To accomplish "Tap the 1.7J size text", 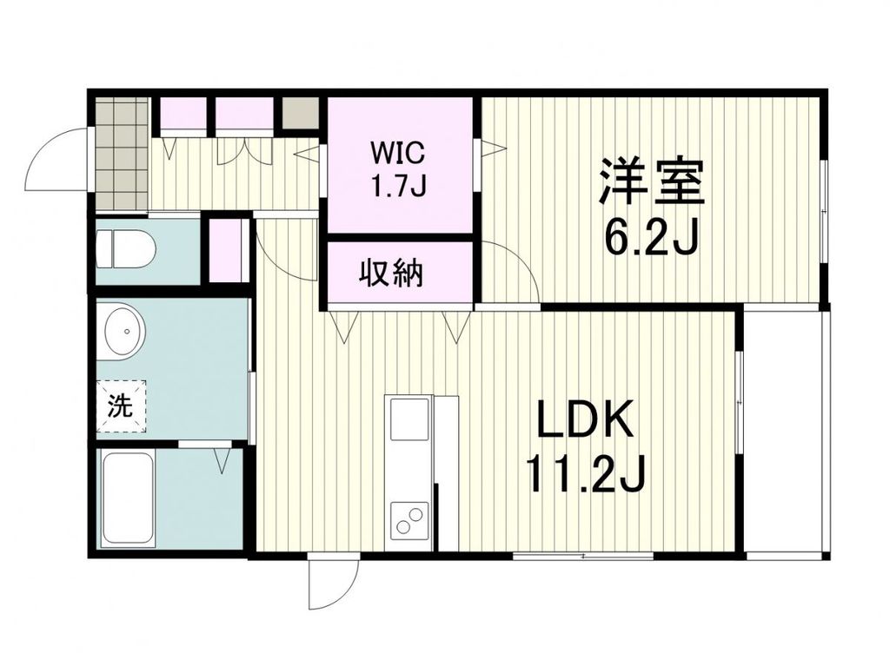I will pos(398,186).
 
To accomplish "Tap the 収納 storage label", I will pos(391,274).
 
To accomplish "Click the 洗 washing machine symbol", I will pos(120,406).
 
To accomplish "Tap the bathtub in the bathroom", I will pos(128,499).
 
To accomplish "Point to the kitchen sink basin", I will pos(409,419).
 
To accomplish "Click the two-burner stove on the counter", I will pos(409,520).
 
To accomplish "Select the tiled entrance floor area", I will pos(121,153).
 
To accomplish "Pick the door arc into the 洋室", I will pos(509,273).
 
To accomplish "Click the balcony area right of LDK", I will pos(786,432).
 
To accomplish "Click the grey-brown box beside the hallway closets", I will pos(300,115).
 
